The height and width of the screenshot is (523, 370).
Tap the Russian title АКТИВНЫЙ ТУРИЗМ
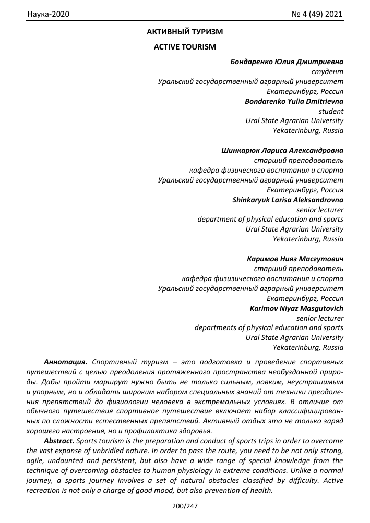(185, 32)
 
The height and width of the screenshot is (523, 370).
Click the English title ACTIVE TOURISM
(185, 47)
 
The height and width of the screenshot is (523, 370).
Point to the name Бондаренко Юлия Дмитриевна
(287, 62)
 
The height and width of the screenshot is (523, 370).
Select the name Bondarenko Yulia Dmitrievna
(294, 101)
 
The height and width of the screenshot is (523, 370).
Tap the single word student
(331, 111)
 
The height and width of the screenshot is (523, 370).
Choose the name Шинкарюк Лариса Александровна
(282, 151)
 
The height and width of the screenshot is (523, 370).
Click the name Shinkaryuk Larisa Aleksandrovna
(288, 199)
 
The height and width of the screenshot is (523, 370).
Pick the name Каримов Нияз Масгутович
(295, 259)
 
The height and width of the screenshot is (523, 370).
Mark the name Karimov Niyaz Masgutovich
(296, 308)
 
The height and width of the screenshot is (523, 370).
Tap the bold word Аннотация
(66, 361)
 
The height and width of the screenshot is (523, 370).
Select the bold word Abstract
(60, 441)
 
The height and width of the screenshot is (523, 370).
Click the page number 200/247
(185, 506)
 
